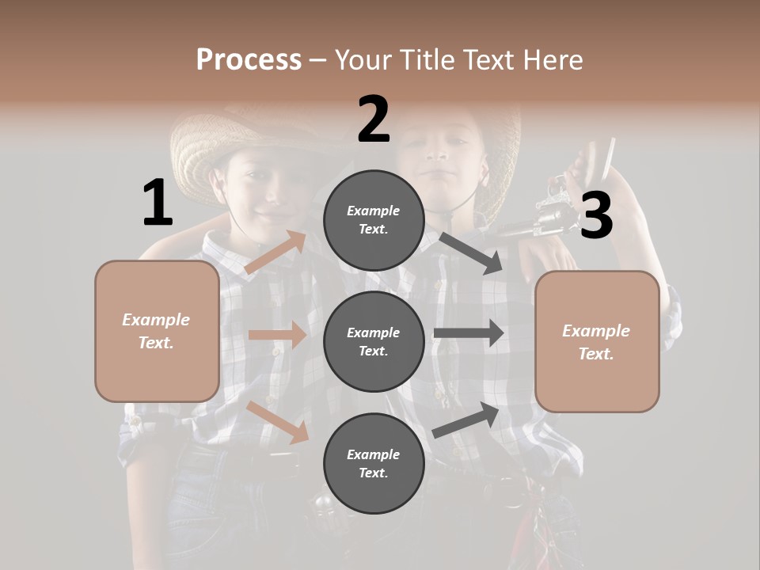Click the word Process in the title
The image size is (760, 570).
pos(249,59)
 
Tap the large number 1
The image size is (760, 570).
pos(158,203)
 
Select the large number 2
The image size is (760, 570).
pos(374,120)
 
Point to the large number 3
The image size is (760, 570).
pos(596,216)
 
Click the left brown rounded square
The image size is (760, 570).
pos(157,331)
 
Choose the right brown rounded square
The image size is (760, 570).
pos(597,341)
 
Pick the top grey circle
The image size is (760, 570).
pos(374,220)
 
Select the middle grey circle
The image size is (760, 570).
pos(374,341)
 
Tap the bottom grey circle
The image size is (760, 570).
pos(374,463)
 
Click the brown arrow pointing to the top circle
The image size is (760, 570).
pos(276,253)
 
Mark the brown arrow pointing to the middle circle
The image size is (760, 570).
pos(277,335)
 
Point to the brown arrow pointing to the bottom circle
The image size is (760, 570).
pos(277,421)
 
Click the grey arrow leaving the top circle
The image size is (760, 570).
pos(470,253)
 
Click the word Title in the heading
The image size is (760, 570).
pos(431,59)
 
